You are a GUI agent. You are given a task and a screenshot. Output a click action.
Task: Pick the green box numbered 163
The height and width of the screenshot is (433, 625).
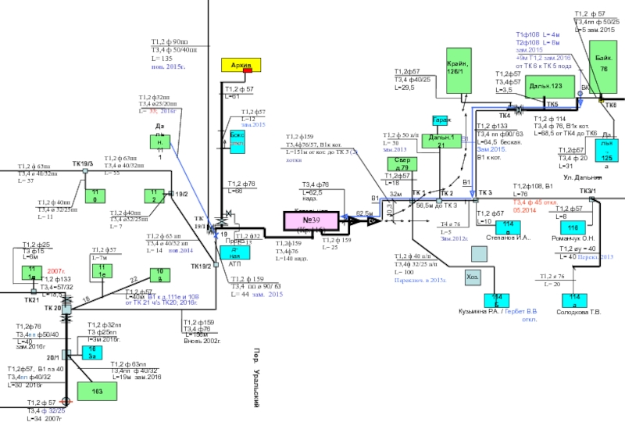point(98,390)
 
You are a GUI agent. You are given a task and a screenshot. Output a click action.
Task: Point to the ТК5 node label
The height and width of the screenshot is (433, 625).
point(552,104)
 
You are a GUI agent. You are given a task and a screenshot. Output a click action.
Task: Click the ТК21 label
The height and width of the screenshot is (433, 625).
point(31,300)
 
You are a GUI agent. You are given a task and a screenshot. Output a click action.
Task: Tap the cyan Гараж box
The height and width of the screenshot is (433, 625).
point(441,120)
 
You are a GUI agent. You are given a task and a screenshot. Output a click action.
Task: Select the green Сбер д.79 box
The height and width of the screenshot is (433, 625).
point(403,164)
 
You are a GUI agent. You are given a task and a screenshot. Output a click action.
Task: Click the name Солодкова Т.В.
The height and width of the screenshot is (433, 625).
point(579,312)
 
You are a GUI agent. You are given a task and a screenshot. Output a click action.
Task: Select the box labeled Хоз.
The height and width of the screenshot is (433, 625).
point(473,277)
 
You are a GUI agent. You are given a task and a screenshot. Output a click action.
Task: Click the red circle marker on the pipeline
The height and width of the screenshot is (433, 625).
point(66,401)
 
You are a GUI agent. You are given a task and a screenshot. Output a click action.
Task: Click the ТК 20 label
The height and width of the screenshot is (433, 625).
point(53,308)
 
